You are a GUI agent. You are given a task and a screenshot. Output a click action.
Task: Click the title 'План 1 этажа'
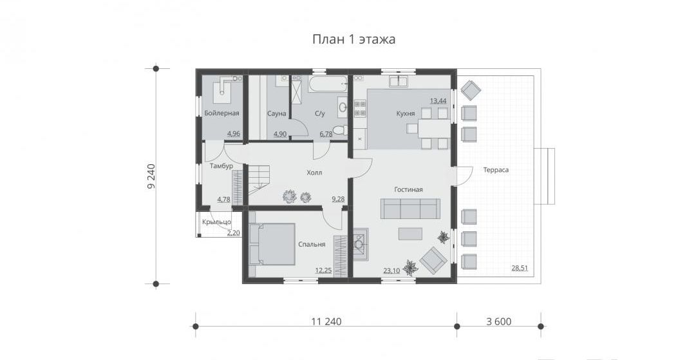tap(354, 39)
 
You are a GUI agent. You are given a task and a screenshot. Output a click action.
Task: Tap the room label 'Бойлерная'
tap(222, 113)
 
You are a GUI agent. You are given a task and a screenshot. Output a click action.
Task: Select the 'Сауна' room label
tap(276, 113)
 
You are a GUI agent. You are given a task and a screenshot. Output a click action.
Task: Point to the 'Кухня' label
tap(406, 113)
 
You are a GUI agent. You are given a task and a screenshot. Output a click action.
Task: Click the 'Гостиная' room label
tap(408, 189)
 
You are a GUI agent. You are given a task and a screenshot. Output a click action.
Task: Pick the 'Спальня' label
tap(312, 244)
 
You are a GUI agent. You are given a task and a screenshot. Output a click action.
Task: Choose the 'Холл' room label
tap(314, 173)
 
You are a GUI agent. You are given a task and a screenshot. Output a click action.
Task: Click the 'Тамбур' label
tap(221, 166)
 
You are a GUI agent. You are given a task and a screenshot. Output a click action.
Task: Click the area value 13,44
tap(438, 100)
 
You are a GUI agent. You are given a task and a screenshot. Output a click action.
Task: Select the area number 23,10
tap(391, 270)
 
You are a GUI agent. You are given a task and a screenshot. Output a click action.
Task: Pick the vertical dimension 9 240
tap(151, 176)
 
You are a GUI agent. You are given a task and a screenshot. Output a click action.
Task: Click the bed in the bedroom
tap(272, 244)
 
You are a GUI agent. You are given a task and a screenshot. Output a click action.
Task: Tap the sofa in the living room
tap(410, 208)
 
